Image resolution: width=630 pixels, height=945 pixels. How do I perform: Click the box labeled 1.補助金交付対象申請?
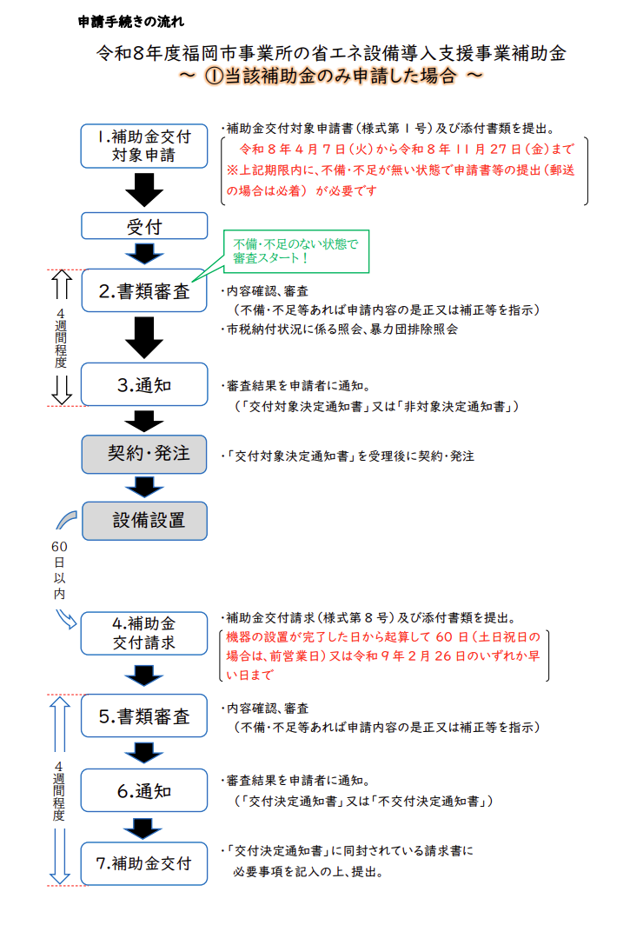coord(144,146)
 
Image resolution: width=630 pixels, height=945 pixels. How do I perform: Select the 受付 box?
coord(144,226)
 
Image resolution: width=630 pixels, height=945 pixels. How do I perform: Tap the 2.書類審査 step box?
coord(144,292)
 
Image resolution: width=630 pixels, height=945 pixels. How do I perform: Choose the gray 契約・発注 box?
coord(144,454)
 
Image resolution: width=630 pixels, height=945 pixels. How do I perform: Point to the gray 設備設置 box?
coord(144,521)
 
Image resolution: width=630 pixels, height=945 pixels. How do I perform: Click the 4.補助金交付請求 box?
coord(144,633)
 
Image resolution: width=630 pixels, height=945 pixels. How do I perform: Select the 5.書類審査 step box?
coord(144,716)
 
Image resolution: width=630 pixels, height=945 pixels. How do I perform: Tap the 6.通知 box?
coord(144,791)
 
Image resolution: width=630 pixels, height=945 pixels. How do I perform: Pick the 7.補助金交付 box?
coord(144,864)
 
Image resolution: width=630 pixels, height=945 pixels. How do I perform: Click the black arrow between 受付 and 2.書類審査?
coord(144,254)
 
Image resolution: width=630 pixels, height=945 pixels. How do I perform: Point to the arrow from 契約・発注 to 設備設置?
coord(144,487)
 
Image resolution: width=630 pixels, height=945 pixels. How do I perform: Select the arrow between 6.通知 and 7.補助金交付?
coord(144,828)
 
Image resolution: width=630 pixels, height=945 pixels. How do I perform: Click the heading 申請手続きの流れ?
coord(130,20)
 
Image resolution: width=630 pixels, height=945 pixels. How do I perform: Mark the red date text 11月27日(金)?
coord(494,149)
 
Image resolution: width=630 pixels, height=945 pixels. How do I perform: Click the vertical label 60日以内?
coord(58,570)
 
